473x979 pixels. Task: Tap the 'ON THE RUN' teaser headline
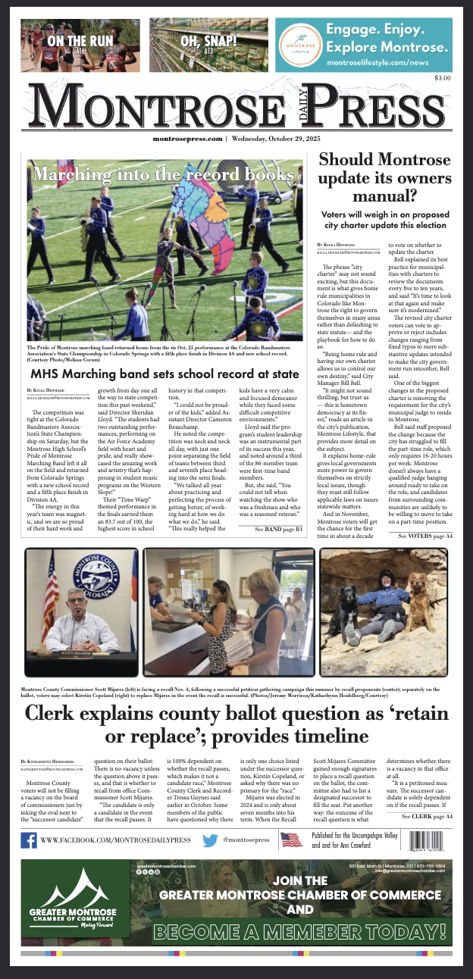80,41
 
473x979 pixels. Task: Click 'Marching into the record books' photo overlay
162,175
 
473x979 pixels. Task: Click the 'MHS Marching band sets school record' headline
164,374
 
